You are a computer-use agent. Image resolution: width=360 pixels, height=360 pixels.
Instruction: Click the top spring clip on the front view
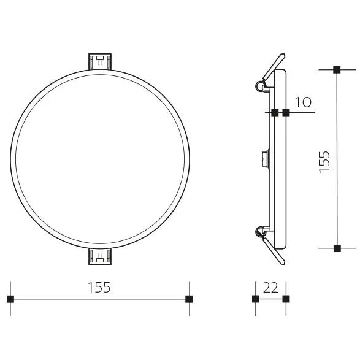coord(100,62)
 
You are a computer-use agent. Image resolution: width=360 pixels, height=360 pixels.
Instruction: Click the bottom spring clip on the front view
coord(100,256)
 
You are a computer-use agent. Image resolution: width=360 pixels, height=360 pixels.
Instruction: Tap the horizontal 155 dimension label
coord(99,287)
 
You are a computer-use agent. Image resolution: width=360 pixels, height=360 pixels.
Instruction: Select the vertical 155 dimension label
coord(325,161)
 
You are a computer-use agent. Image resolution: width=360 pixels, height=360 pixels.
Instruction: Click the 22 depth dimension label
coord(270,287)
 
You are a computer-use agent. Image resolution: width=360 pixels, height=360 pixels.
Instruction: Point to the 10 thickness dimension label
coord(303,102)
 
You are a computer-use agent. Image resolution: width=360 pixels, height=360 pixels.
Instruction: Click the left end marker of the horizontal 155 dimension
coord(10,299)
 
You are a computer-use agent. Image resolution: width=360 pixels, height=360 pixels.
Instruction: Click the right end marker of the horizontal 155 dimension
coord(189,299)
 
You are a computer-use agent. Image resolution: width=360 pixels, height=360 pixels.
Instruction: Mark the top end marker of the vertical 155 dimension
coord(336,70)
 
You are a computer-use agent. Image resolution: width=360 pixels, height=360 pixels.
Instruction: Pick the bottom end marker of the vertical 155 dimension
coord(336,248)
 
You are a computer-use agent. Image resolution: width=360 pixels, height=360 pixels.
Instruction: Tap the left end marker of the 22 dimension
coord(256,299)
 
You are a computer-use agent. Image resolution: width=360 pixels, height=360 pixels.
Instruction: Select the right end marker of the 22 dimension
coord(285,299)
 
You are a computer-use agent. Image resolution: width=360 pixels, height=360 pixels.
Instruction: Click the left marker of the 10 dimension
coord(274,112)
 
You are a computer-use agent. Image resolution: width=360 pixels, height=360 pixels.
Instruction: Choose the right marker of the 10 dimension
coord(286,112)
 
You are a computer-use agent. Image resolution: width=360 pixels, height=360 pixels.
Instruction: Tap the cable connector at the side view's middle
coord(265,159)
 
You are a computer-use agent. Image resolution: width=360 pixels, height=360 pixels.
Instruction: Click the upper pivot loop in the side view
coord(260,86)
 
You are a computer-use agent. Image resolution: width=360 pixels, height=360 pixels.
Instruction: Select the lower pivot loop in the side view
coord(260,231)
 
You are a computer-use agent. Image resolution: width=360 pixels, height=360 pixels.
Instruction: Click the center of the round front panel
coord(100,159)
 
